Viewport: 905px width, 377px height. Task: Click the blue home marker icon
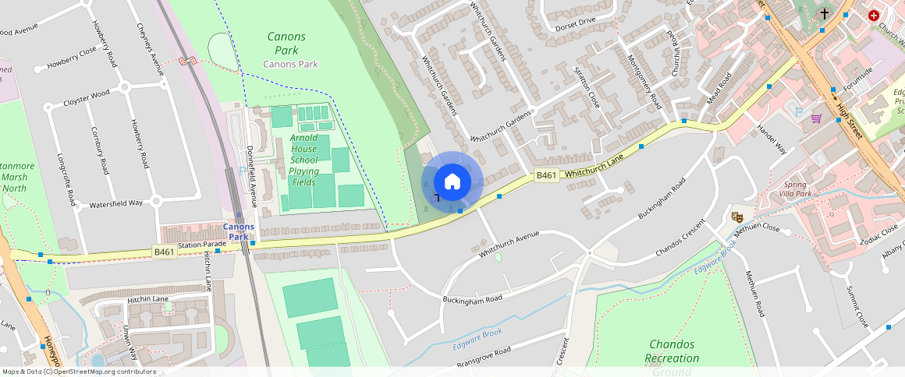[x=452, y=182]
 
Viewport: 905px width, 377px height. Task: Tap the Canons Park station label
[x=239, y=231]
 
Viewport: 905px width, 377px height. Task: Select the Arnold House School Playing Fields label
[x=303, y=160]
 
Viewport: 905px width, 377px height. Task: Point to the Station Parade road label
[x=202, y=245]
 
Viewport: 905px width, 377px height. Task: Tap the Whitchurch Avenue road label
[x=509, y=244]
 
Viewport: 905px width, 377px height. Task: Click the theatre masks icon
[x=736, y=217]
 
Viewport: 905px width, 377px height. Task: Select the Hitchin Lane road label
[x=147, y=299]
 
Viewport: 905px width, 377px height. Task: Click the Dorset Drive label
[x=575, y=23]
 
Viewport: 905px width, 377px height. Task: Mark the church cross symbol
[x=825, y=14]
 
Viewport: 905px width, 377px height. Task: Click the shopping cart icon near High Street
[x=817, y=118]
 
